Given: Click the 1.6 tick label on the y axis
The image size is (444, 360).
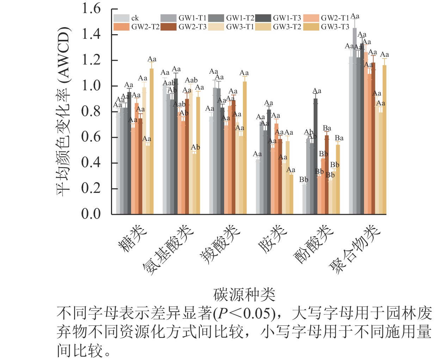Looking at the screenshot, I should coord(91,8).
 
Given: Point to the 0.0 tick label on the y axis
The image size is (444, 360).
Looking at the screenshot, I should coord(91,214).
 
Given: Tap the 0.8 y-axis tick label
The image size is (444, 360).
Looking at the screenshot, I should coord(91,111).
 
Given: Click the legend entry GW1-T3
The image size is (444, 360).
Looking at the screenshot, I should coord(287,18).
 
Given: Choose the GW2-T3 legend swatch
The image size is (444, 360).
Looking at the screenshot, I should coord(168,27).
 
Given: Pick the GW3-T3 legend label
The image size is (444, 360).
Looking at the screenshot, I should coord(335,27).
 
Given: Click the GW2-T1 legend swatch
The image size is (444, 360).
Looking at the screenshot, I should coord(311,18).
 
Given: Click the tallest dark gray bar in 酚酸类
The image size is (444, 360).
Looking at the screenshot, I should coord(315,156).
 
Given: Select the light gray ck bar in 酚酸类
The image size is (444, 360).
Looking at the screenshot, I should coord(304,199).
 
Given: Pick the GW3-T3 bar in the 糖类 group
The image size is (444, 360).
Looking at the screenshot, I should coord(152,141).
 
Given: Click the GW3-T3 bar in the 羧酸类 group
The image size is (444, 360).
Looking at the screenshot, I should coord(245,148).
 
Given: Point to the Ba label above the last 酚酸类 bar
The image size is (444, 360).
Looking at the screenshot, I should coord(339,138).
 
